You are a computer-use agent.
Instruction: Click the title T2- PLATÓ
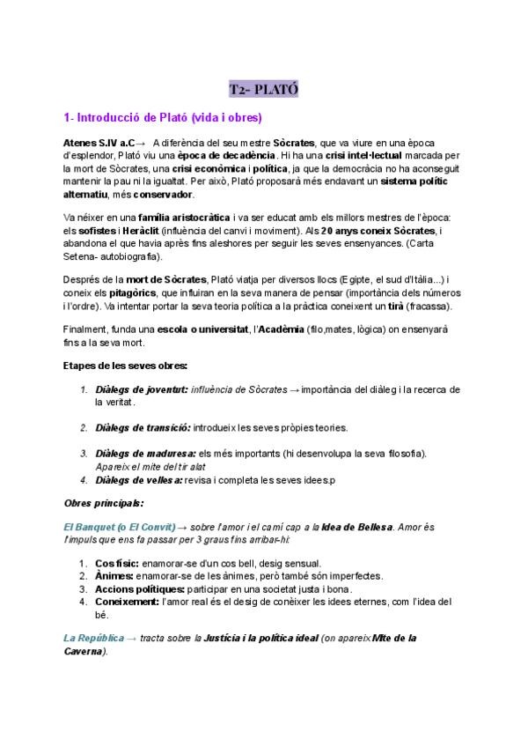(x=263, y=89)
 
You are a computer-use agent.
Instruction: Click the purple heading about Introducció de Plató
(x=163, y=117)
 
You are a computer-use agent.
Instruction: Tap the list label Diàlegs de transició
(x=143, y=428)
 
